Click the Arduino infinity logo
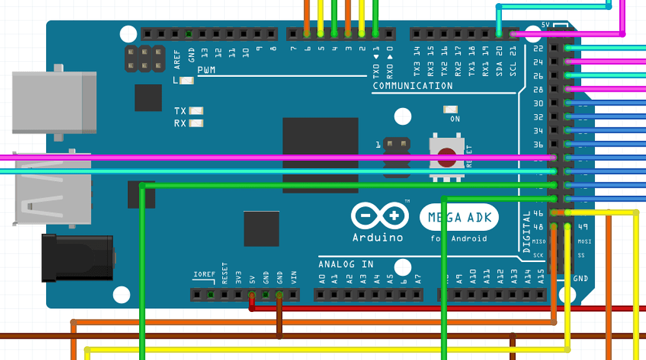(x=380, y=216)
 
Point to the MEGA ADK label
(x=460, y=218)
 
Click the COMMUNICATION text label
(x=413, y=85)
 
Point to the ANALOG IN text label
(x=346, y=264)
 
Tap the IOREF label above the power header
(x=204, y=275)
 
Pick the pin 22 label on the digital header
(x=538, y=48)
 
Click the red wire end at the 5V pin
(x=252, y=307)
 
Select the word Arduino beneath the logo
(x=378, y=237)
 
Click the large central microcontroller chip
(x=320, y=155)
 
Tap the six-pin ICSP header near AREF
(x=145, y=58)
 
